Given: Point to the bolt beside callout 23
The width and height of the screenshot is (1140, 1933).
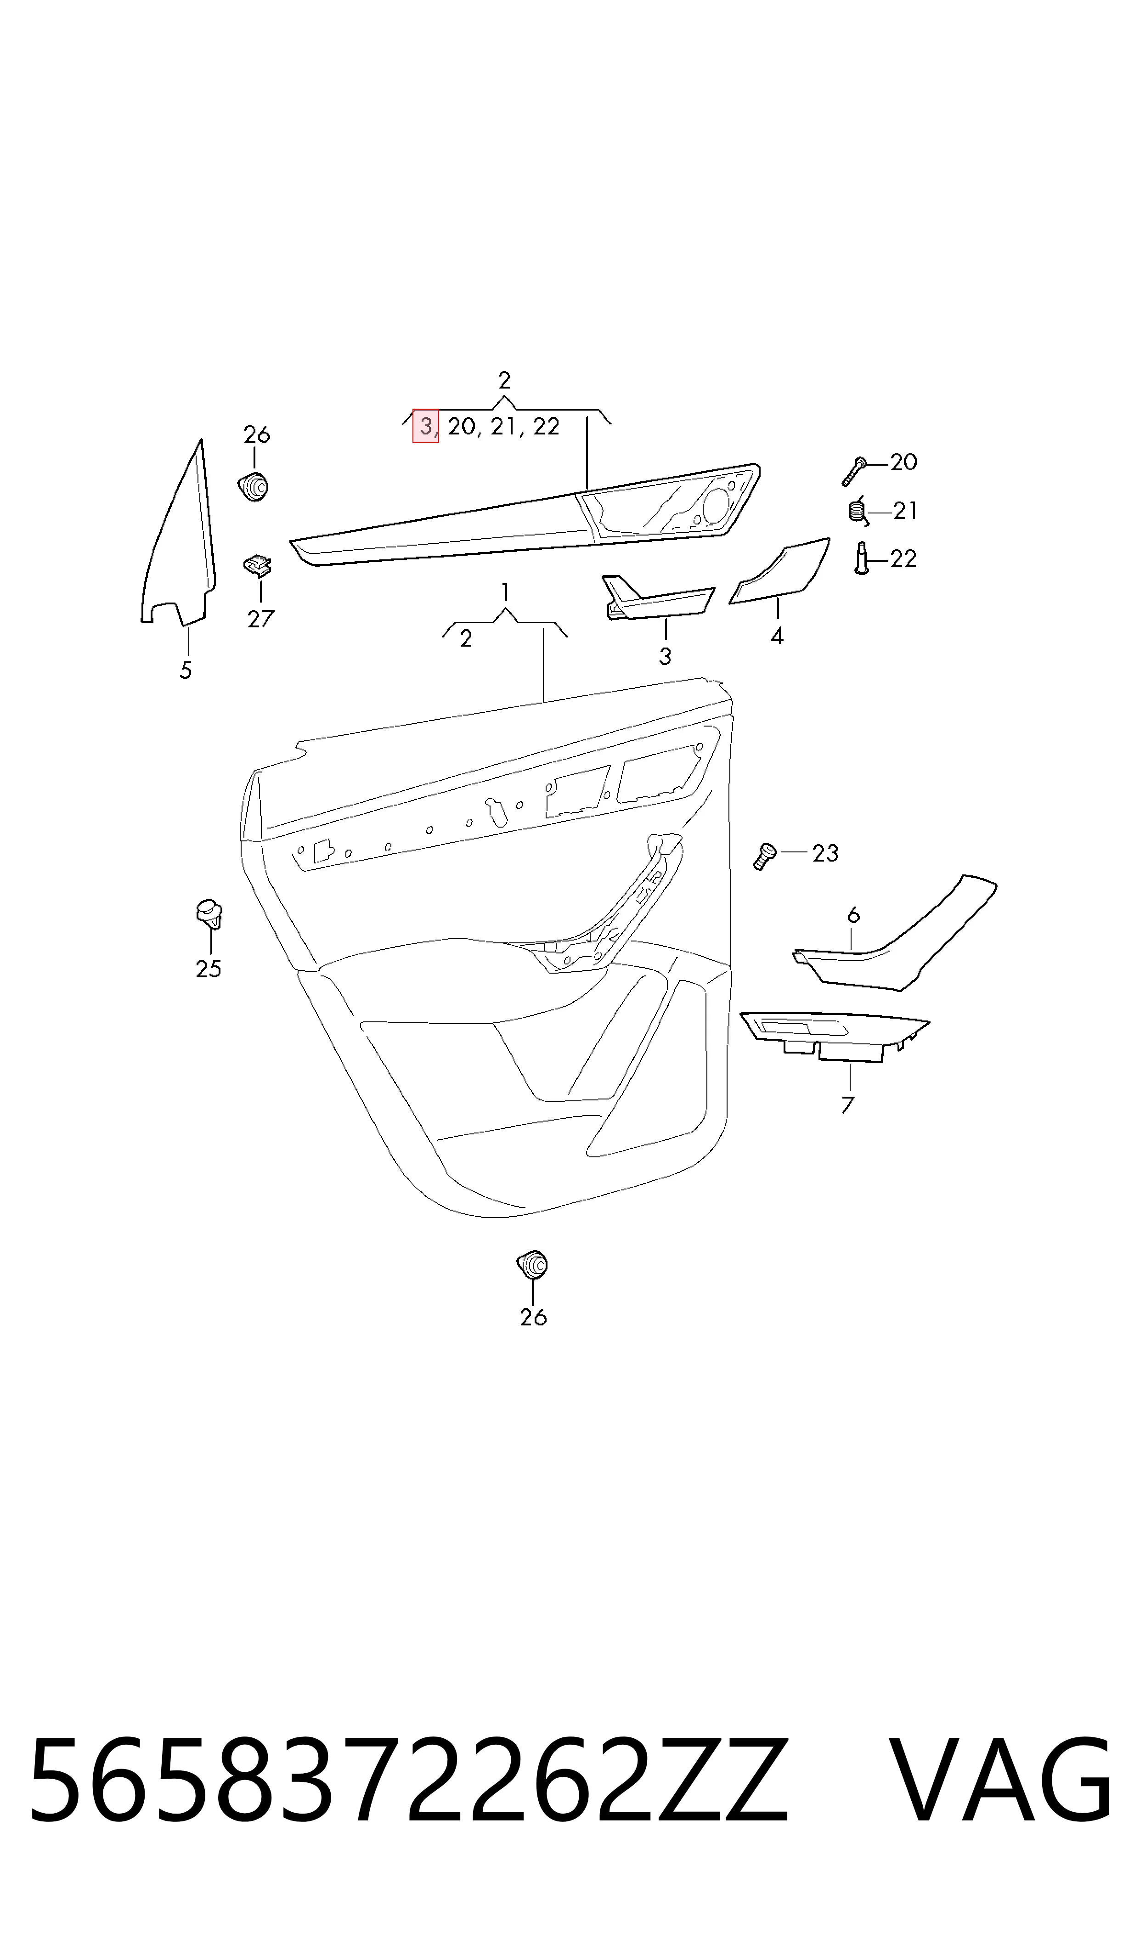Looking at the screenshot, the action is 765,855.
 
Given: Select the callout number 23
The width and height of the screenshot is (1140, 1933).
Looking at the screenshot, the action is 825,853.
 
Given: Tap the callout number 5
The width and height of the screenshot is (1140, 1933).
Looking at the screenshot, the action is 186,671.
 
